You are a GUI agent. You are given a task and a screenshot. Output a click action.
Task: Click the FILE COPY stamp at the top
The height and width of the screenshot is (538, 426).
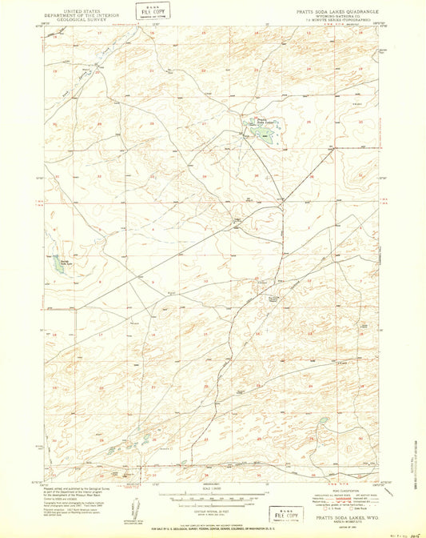pyautogui.click(x=147, y=10)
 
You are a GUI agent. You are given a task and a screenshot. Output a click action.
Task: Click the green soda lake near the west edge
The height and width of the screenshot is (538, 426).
pyautogui.click(x=58, y=264)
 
